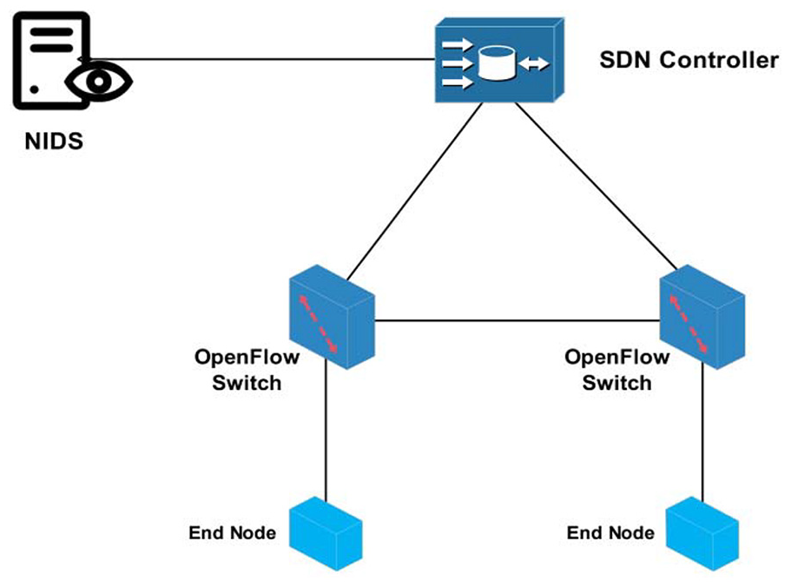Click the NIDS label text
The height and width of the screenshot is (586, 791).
click(x=54, y=142)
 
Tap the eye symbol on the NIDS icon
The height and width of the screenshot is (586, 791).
click(x=99, y=82)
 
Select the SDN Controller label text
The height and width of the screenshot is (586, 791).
click(x=689, y=60)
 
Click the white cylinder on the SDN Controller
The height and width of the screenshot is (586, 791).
click(x=497, y=63)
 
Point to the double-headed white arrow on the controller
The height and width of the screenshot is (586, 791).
click(x=534, y=64)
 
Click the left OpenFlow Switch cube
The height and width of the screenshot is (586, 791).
click(x=332, y=317)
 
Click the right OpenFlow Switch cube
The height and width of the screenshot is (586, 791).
click(x=702, y=317)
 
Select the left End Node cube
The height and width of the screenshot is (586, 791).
click(x=326, y=534)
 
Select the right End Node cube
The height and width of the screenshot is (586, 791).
click(x=702, y=534)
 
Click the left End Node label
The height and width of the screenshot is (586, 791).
click(x=232, y=532)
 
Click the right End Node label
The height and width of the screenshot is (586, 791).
click(x=610, y=532)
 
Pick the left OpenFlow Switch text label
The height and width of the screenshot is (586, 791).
click(x=247, y=370)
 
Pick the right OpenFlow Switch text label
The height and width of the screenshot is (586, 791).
click(x=617, y=370)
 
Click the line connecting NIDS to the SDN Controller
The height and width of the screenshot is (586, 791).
click(x=262, y=59)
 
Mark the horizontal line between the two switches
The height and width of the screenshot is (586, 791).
click(x=517, y=320)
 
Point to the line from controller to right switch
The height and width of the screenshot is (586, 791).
click(x=596, y=186)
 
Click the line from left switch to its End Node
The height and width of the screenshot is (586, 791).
click(x=326, y=431)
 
